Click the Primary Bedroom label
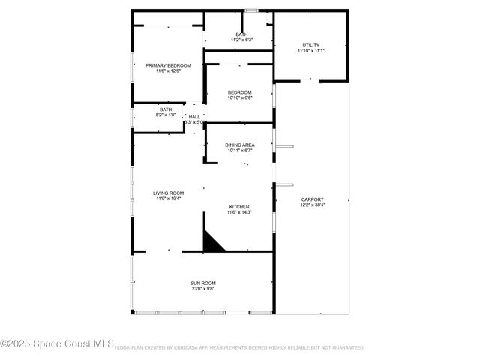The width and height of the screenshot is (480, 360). coord(168,65)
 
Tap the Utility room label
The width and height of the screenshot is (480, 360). coord(310,45)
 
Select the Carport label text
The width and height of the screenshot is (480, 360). coord(312,199)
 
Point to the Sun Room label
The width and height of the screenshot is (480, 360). coord(202,283)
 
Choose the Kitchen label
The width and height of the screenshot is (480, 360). coord(239,206)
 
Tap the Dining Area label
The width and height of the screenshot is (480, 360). coord(239,145)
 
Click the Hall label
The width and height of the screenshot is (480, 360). coord(194,116)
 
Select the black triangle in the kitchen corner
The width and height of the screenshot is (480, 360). coord(212,242)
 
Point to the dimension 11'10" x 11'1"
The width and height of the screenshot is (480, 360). coord(310,51)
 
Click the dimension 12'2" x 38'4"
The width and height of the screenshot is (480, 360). coord(312,205)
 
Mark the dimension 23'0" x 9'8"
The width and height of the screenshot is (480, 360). coord(202,289)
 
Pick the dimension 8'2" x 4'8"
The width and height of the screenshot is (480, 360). coord(165,115)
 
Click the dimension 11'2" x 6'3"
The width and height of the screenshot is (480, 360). coord(241,40)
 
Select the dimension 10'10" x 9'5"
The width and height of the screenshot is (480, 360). coord(239,97)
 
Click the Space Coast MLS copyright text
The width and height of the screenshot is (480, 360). coord(57,344)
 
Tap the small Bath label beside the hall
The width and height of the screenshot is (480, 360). coord(165,109)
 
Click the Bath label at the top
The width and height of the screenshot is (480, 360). coord(241,34)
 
